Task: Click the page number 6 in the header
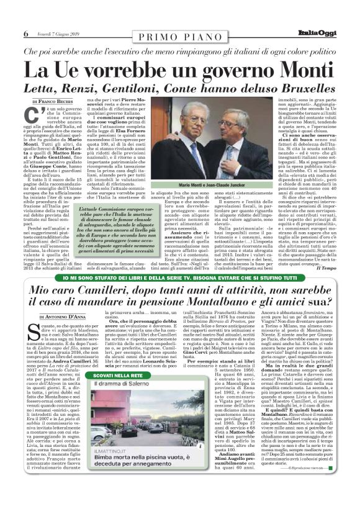coord(25,34)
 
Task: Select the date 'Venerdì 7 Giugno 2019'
coord(56,34)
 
